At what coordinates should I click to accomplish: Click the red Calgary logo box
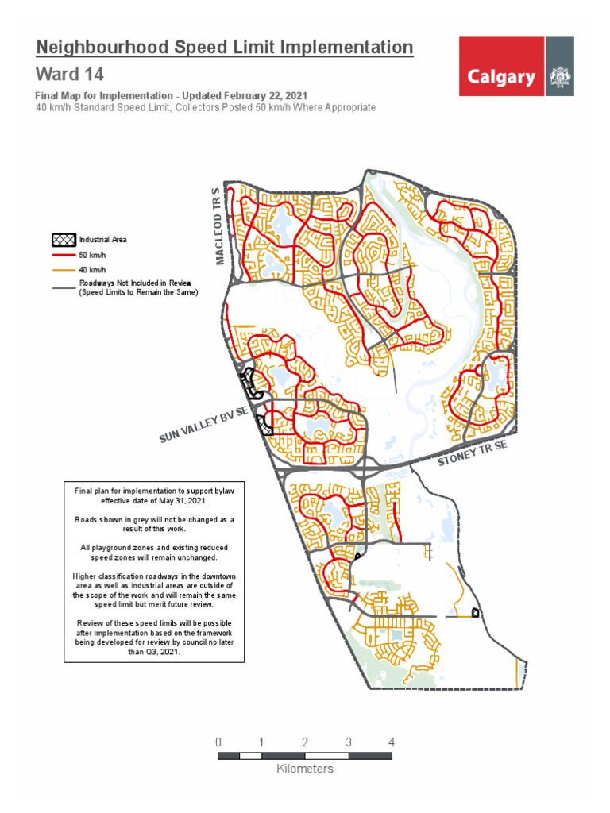501,66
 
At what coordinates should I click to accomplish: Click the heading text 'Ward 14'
69,75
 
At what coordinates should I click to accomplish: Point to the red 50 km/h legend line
64,256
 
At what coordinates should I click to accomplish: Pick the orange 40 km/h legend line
64,270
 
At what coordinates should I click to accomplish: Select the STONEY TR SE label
473,456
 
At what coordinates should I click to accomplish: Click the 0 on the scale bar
218,742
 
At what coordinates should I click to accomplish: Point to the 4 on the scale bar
391,742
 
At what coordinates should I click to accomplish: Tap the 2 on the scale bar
305,742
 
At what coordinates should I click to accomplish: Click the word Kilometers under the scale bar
305,769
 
